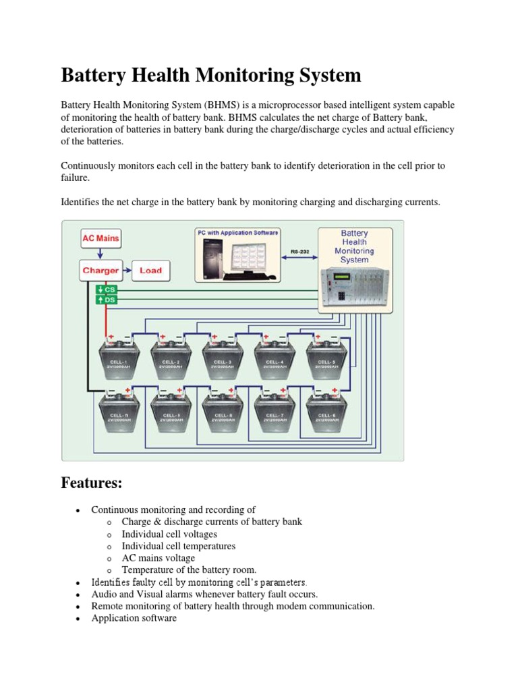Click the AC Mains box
point(100,238)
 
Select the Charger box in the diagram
point(100,271)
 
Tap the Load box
point(150,271)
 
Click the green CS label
point(108,289)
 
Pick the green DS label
point(108,300)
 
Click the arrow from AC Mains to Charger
point(100,254)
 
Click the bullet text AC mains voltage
point(158,558)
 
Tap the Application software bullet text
point(134,618)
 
